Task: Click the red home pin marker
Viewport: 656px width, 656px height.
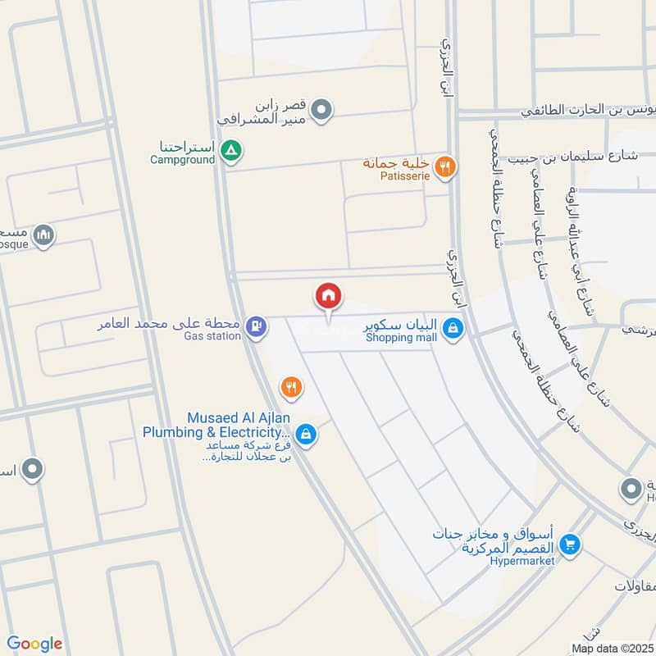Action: point(329,296)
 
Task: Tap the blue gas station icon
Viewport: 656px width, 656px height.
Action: point(257,327)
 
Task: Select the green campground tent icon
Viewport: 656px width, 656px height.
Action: point(232,150)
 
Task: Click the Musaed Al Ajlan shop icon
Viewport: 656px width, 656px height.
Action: point(306,434)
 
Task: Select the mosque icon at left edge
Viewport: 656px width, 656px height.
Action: point(45,235)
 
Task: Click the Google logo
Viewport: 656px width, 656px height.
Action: point(34,644)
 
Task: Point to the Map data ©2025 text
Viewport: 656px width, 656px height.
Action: point(612,648)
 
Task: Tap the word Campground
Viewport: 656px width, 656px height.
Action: point(182,159)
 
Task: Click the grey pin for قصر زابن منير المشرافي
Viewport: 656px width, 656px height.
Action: point(323,109)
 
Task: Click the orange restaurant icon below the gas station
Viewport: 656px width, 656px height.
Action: point(289,385)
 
